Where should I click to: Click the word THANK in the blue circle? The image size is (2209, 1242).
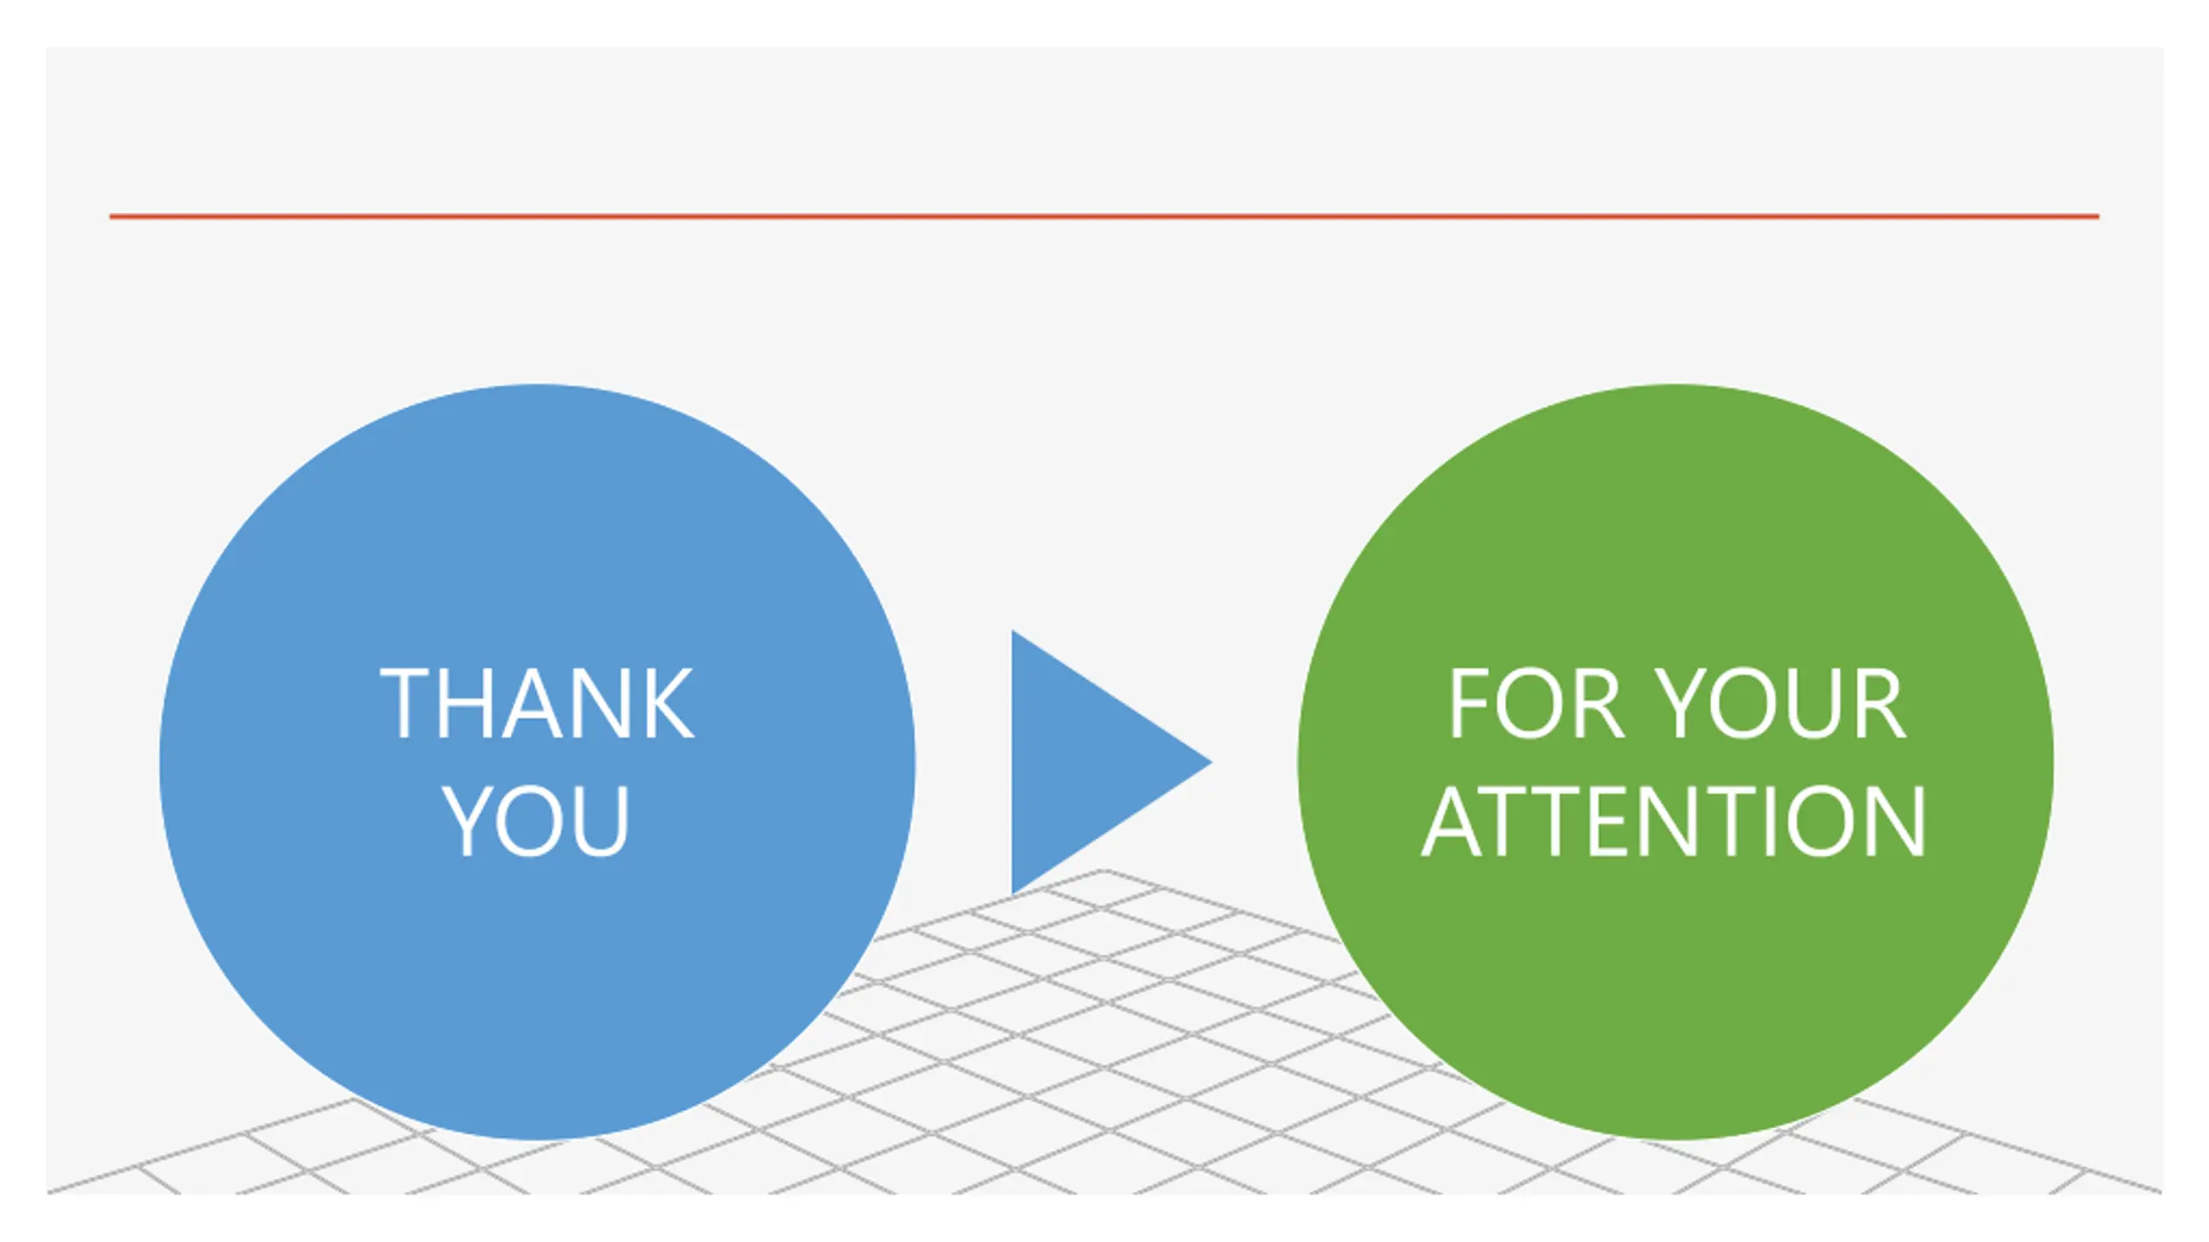coord(537,704)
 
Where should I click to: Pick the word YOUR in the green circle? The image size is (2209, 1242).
coord(1783,704)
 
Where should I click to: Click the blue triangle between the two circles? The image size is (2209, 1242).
coord(1087,762)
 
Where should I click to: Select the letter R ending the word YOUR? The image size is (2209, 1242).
coord(1881,704)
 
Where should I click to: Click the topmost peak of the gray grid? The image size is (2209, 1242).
coord(1103,871)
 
